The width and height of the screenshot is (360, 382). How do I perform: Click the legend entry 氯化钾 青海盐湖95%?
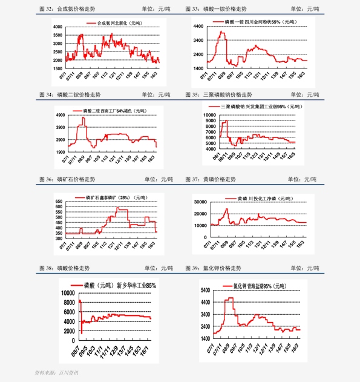(x=258, y=285)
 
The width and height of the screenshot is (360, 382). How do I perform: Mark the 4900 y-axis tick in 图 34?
(x=60, y=115)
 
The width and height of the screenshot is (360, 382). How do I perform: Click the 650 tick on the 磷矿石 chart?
(x=59, y=201)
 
